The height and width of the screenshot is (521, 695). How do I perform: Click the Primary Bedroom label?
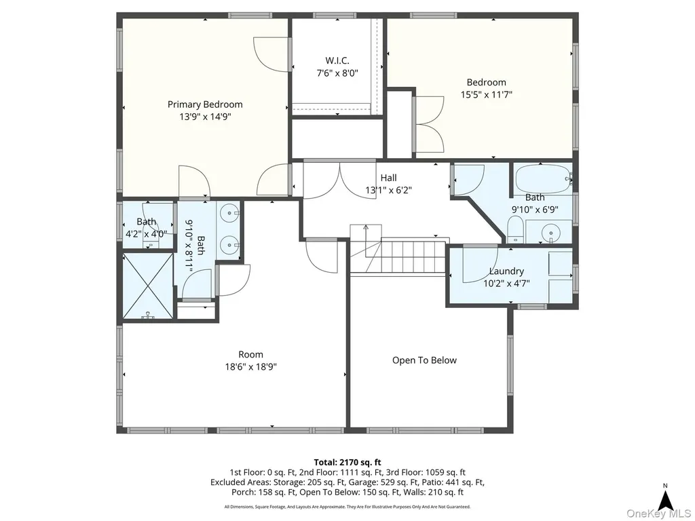(205, 104)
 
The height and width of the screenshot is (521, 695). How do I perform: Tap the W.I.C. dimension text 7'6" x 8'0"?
(337, 73)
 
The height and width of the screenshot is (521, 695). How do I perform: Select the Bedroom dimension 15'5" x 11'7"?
(486, 94)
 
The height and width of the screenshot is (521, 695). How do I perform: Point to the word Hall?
(388, 178)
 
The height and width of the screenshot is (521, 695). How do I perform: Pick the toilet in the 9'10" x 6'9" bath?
(515, 229)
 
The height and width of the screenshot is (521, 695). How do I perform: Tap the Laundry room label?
(506, 271)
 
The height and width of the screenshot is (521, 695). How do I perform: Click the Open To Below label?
(424, 360)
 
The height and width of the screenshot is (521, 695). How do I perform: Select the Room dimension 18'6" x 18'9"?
(251, 367)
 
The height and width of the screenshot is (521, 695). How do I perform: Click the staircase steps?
(412, 257)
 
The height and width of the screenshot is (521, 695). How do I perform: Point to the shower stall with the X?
(148, 286)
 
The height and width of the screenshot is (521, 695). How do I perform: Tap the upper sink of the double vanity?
(229, 213)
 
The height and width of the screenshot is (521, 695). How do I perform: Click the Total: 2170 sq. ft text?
(347, 463)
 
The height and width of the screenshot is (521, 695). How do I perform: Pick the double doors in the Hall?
(339, 180)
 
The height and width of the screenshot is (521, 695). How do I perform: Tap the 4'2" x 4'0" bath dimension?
(147, 233)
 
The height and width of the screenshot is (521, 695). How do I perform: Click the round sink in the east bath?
(550, 233)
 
